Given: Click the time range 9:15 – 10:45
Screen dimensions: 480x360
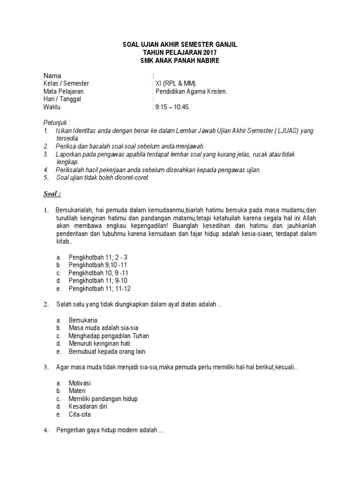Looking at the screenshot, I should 172,107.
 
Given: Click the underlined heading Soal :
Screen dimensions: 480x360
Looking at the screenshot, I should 52,194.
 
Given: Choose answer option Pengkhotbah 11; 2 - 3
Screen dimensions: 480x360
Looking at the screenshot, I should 98,257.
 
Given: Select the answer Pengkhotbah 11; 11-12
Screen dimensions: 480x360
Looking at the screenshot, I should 99,288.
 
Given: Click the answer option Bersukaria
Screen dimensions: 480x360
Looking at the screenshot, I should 83,320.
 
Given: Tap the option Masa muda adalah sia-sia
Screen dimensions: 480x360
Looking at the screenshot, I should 103,328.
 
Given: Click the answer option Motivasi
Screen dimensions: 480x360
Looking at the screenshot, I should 80,383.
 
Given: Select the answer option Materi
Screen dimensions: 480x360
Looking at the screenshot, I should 78,391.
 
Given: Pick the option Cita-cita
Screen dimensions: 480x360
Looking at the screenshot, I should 80,414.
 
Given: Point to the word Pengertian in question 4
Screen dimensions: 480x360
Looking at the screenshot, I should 71,430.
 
